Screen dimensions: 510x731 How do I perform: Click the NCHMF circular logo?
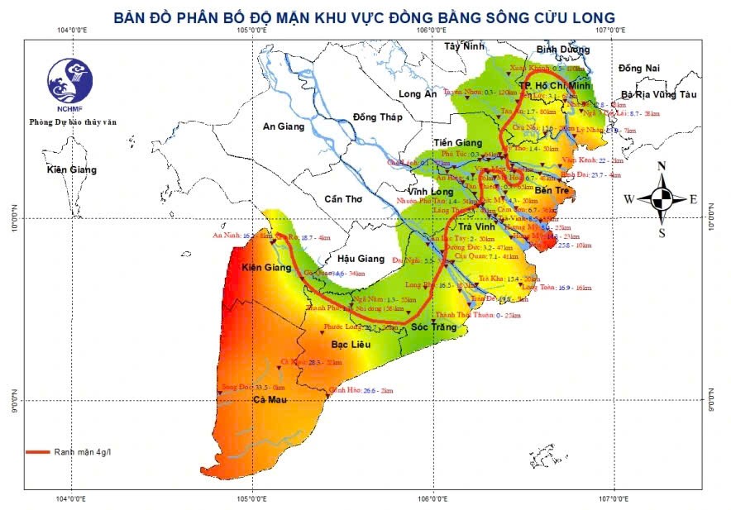(x=70, y=81)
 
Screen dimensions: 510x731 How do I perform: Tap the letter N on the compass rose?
(x=662, y=166)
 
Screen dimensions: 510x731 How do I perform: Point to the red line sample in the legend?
(x=37, y=452)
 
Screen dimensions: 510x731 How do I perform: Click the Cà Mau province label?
(x=270, y=400)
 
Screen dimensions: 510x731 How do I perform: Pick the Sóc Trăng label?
(x=433, y=327)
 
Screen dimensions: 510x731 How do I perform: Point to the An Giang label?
(x=284, y=126)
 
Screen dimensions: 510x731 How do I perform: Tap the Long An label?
(x=418, y=94)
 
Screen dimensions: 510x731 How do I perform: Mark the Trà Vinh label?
(x=475, y=227)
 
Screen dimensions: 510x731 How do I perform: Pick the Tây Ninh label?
(x=463, y=46)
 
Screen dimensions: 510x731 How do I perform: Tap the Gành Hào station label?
(x=346, y=389)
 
